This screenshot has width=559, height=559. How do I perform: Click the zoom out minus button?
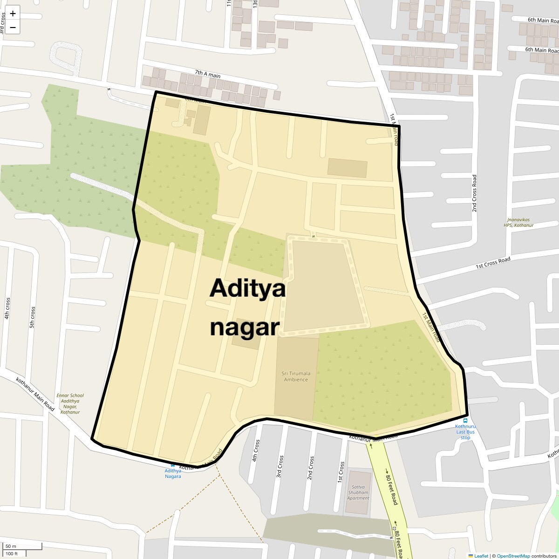[x=13, y=27]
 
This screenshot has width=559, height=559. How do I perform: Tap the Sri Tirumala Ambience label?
[x=296, y=376]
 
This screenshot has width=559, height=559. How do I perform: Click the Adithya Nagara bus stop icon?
[x=173, y=465]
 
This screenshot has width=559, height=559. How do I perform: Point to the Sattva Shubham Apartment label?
[x=358, y=492]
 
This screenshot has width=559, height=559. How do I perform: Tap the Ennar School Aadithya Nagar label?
[x=70, y=404]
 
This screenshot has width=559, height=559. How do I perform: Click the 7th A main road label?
[x=208, y=74]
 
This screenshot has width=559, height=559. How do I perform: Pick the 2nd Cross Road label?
[x=474, y=193]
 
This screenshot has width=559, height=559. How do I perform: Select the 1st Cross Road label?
[x=493, y=263]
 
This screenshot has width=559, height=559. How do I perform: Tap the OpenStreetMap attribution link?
[x=513, y=556]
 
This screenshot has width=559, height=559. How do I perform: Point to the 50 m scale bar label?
[x=11, y=546]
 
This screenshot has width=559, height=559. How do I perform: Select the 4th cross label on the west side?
[x=7, y=308]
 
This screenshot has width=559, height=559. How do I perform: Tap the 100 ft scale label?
[x=12, y=553]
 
